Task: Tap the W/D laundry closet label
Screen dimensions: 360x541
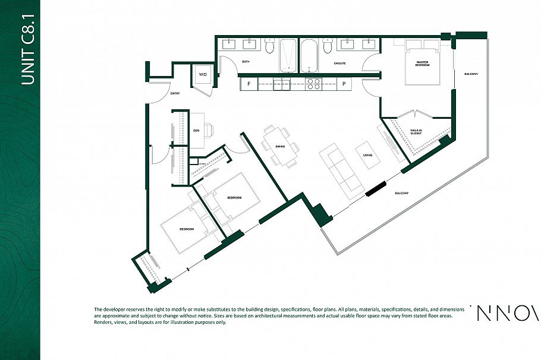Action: click(202, 75)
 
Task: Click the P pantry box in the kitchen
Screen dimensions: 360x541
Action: click(344, 84)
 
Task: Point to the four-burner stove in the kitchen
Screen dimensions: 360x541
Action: click(313, 84)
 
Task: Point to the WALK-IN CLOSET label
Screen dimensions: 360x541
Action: click(416, 132)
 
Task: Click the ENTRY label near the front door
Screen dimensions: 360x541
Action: click(175, 93)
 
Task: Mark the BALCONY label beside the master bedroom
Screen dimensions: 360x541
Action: click(471, 74)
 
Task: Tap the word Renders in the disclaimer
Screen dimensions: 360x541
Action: click(103, 323)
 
